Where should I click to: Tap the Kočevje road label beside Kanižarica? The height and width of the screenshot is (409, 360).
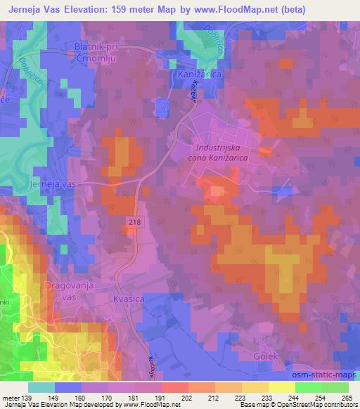191,92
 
